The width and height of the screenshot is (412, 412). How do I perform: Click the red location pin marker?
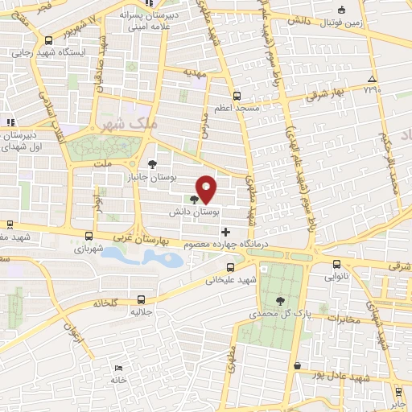pos(207,189)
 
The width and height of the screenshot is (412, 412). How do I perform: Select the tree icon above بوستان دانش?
pos(194,200)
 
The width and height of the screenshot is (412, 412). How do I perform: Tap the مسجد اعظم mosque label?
pos(233,108)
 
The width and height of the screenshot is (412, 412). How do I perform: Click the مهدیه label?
pos(195,72)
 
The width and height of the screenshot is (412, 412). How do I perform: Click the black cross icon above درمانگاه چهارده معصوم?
pos(225,232)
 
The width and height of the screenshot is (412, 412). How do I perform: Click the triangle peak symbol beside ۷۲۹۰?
pos(371,78)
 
